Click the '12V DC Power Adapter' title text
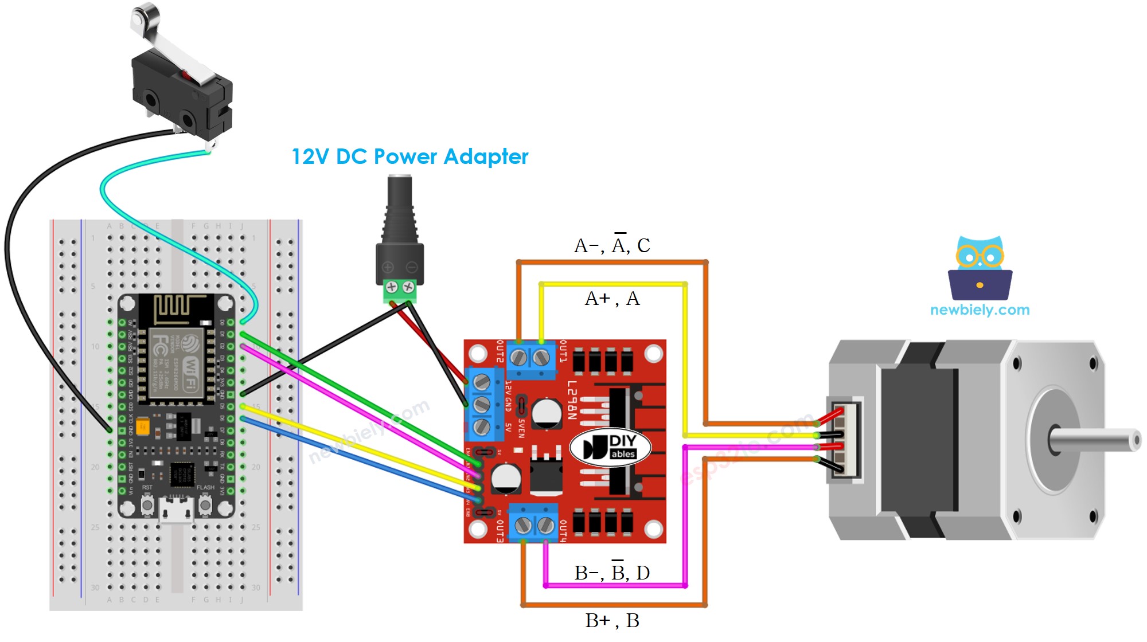coord(409,156)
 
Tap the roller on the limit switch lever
coord(140,14)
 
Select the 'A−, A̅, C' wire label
coord(612,245)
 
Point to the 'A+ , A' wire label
coord(612,299)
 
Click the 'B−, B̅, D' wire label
coord(612,573)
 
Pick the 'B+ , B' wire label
coord(612,620)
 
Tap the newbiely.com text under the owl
coord(980,310)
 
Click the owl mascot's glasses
coord(980,256)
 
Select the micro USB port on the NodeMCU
coord(176,510)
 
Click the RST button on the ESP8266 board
coord(147,504)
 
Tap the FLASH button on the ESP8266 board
coord(205,504)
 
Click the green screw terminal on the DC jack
coord(400,291)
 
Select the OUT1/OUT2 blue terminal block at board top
coord(530,359)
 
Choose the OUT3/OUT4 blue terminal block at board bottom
coord(533,523)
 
